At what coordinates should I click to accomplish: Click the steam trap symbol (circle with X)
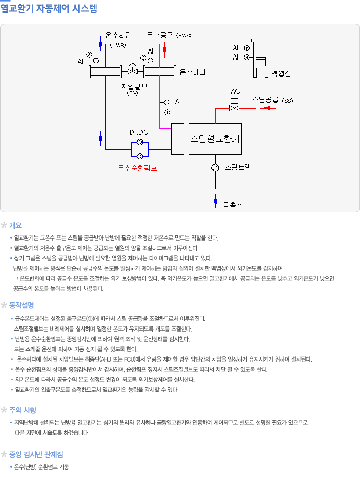click(215, 167)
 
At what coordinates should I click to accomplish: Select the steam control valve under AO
click(234, 108)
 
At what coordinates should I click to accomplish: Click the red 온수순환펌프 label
click(138, 168)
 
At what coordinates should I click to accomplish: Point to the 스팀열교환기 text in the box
click(215, 138)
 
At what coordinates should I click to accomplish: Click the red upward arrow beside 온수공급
click(165, 48)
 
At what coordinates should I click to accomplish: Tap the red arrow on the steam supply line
click(265, 109)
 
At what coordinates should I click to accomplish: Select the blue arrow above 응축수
click(215, 200)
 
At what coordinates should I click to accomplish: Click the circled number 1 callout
click(167, 112)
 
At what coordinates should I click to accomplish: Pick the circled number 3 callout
click(89, 54)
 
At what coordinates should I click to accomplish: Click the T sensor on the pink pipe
click(167, 102)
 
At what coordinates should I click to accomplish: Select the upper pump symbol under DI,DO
click(139, 143)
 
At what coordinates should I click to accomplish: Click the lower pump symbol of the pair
click(139, 156)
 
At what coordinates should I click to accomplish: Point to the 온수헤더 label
click(192, 72)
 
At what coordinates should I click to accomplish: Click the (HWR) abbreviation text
click(118, 45)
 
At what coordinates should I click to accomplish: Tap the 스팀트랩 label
click(237, 167)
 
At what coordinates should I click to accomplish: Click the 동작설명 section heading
click(22, 305)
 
